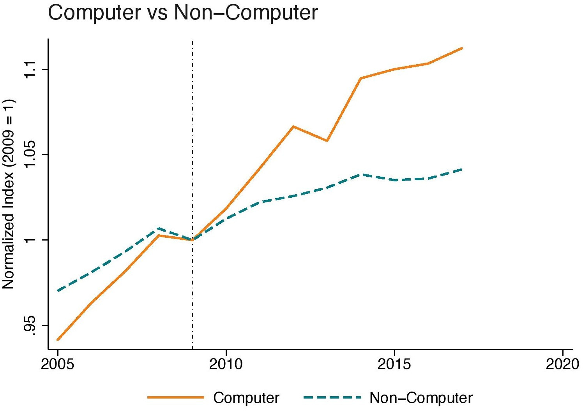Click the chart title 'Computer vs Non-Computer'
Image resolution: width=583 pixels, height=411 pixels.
click(182, 13)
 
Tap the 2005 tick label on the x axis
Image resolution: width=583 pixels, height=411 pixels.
click(58, 364)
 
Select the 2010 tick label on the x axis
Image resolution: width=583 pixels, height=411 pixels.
click(226, 364)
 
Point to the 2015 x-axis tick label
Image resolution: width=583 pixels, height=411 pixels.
click(394, 364)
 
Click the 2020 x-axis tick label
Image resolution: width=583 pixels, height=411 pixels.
click(562, 364)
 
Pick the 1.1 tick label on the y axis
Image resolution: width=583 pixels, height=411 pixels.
click(30, 69)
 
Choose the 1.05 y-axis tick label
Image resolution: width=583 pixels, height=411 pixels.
click(30, 155)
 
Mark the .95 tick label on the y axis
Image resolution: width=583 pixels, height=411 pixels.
click(30, 325)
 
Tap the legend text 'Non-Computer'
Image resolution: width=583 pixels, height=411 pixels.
click(421, 398)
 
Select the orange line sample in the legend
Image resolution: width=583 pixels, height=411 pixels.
click(176, 397)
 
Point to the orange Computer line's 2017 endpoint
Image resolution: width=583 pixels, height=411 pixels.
click(462, 48)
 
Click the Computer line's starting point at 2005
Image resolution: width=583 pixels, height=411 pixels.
click(58, 339)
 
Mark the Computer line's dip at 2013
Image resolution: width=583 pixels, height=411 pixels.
click(327, 141)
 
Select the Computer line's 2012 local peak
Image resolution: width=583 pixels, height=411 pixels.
click(293, 126)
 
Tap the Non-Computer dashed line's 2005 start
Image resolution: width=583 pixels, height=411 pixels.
click(58, 291)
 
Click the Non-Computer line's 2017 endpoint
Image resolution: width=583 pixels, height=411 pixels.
click(462, 169)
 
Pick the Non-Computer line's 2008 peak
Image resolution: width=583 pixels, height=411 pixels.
click(159, 228)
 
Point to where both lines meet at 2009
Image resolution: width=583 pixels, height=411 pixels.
click(192, 240)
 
